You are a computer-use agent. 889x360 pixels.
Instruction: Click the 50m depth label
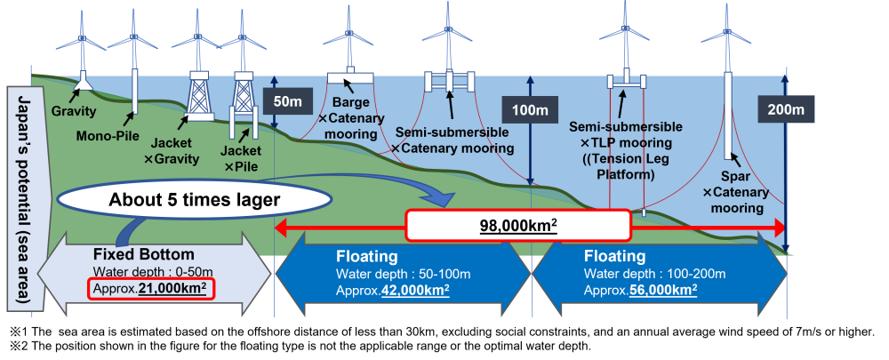click(x=287, y=101)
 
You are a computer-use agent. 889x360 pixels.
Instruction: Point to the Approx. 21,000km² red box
click(x=151, y=289)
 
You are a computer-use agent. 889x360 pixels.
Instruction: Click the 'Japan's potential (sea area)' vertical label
click(x=20, y=199)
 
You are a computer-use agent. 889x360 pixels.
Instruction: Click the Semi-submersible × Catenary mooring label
click(x=451, y=140)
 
